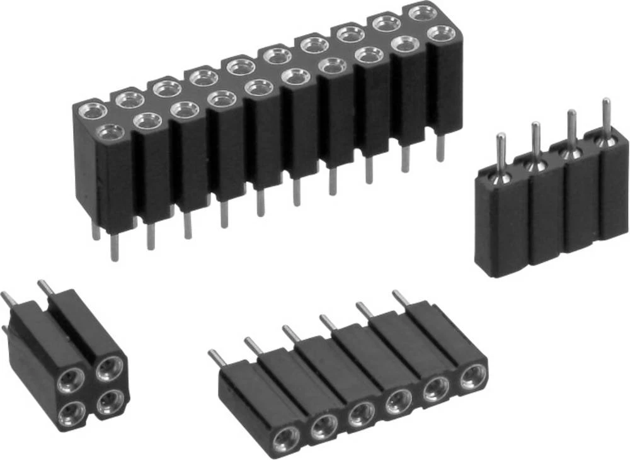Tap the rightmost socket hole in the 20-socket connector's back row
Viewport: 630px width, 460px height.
(x=422, y=12)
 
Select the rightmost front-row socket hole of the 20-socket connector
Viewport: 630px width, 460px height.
(x=443, y=32)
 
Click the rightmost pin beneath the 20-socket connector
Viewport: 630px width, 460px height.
(x=440, y=149)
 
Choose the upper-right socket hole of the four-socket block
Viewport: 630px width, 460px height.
(x=111, y=366)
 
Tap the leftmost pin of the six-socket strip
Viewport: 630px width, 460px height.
(x=215, y=358)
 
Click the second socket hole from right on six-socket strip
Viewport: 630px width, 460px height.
(x=435, y=388)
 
